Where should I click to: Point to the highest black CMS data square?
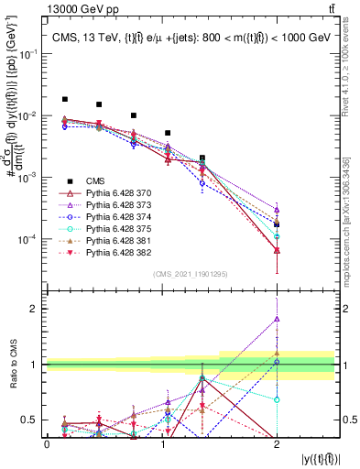[x=65, y=99]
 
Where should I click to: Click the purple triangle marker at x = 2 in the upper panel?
[x=277, y=210]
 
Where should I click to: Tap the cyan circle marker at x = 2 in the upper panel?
[x=277, y=236]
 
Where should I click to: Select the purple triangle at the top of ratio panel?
[x=277, y=319]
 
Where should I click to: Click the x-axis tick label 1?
[x=161, y=444]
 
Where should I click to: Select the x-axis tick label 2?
[x=277, y=444]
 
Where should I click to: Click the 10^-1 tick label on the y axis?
[x=27, y=54]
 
